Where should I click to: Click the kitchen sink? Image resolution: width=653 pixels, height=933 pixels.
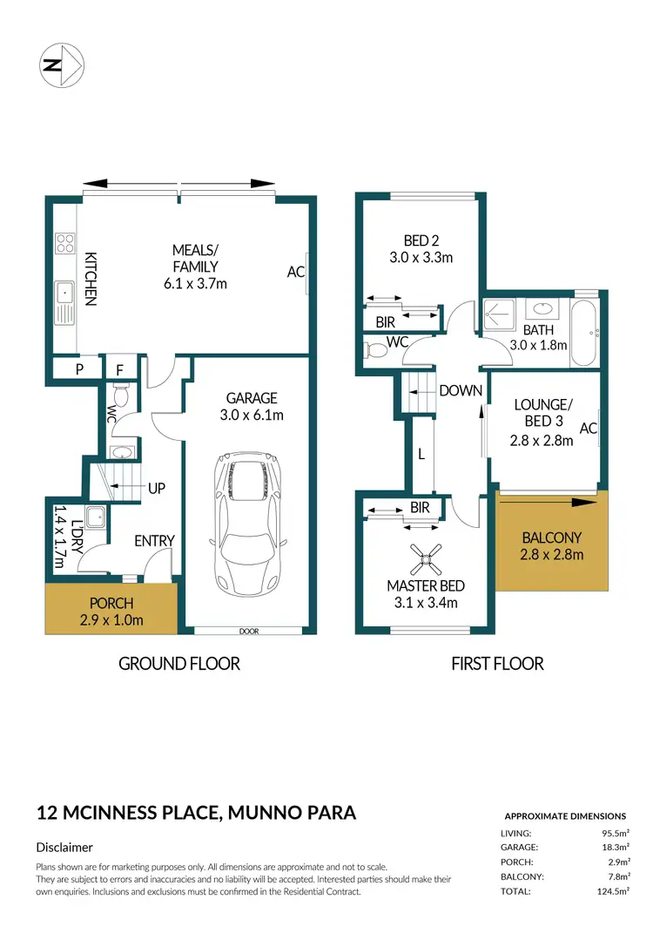click(64, 303)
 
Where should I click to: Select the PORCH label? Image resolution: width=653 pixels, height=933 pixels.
click(111, 603)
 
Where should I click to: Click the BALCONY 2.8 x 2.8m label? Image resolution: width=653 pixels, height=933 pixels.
click(552, 545)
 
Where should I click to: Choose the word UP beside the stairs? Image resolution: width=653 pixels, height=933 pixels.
click(157, 489)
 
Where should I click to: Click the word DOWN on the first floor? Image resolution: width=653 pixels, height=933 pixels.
click(461, 390)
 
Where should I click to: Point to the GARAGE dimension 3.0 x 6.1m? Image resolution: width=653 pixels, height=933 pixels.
click(252, 415)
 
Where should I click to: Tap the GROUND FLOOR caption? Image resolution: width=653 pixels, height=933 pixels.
click(179, 664)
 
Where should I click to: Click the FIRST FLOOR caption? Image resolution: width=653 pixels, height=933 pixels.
click(497, 664)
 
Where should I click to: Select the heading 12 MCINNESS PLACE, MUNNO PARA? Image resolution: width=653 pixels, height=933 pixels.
click(196, 814)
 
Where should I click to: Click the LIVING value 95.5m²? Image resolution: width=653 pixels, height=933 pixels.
click(610, 833)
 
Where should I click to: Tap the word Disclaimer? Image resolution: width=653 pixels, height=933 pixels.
click(64, 847)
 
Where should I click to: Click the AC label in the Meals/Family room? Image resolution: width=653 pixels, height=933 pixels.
click(295, 272)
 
